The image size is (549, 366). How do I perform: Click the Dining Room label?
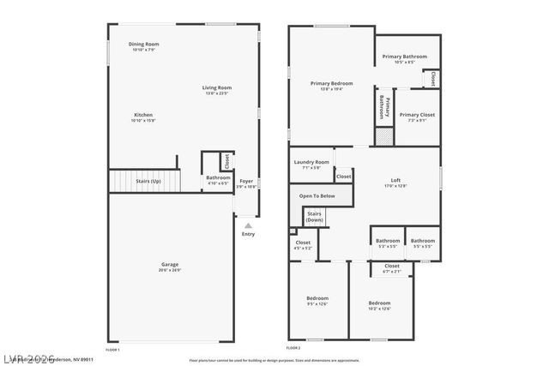click(143, 44)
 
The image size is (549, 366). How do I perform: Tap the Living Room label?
click(217, 87)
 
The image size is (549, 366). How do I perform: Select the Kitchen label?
click(143, 116)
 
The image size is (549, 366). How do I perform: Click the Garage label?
click(169, 265)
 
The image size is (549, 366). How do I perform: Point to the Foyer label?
click(246, 181)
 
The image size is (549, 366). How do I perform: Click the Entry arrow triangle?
click(248, 225)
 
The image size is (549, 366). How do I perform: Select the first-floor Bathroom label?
click(218, 177)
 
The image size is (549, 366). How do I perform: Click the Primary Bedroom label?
click(325, 83)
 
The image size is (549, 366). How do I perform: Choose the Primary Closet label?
click(417, 115)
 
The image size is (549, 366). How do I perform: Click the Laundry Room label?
click(311, 162)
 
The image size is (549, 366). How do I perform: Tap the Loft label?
click(395, 180)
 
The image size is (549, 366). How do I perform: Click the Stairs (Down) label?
click(315, 216)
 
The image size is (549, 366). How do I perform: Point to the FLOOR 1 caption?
click(112, 349)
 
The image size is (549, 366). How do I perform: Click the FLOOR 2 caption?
click(293, 349)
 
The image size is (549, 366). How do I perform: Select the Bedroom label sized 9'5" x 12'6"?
click(317, 298)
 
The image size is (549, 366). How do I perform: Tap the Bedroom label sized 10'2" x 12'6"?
click(379, 303)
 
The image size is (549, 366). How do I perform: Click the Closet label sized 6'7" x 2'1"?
click(392, 267)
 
